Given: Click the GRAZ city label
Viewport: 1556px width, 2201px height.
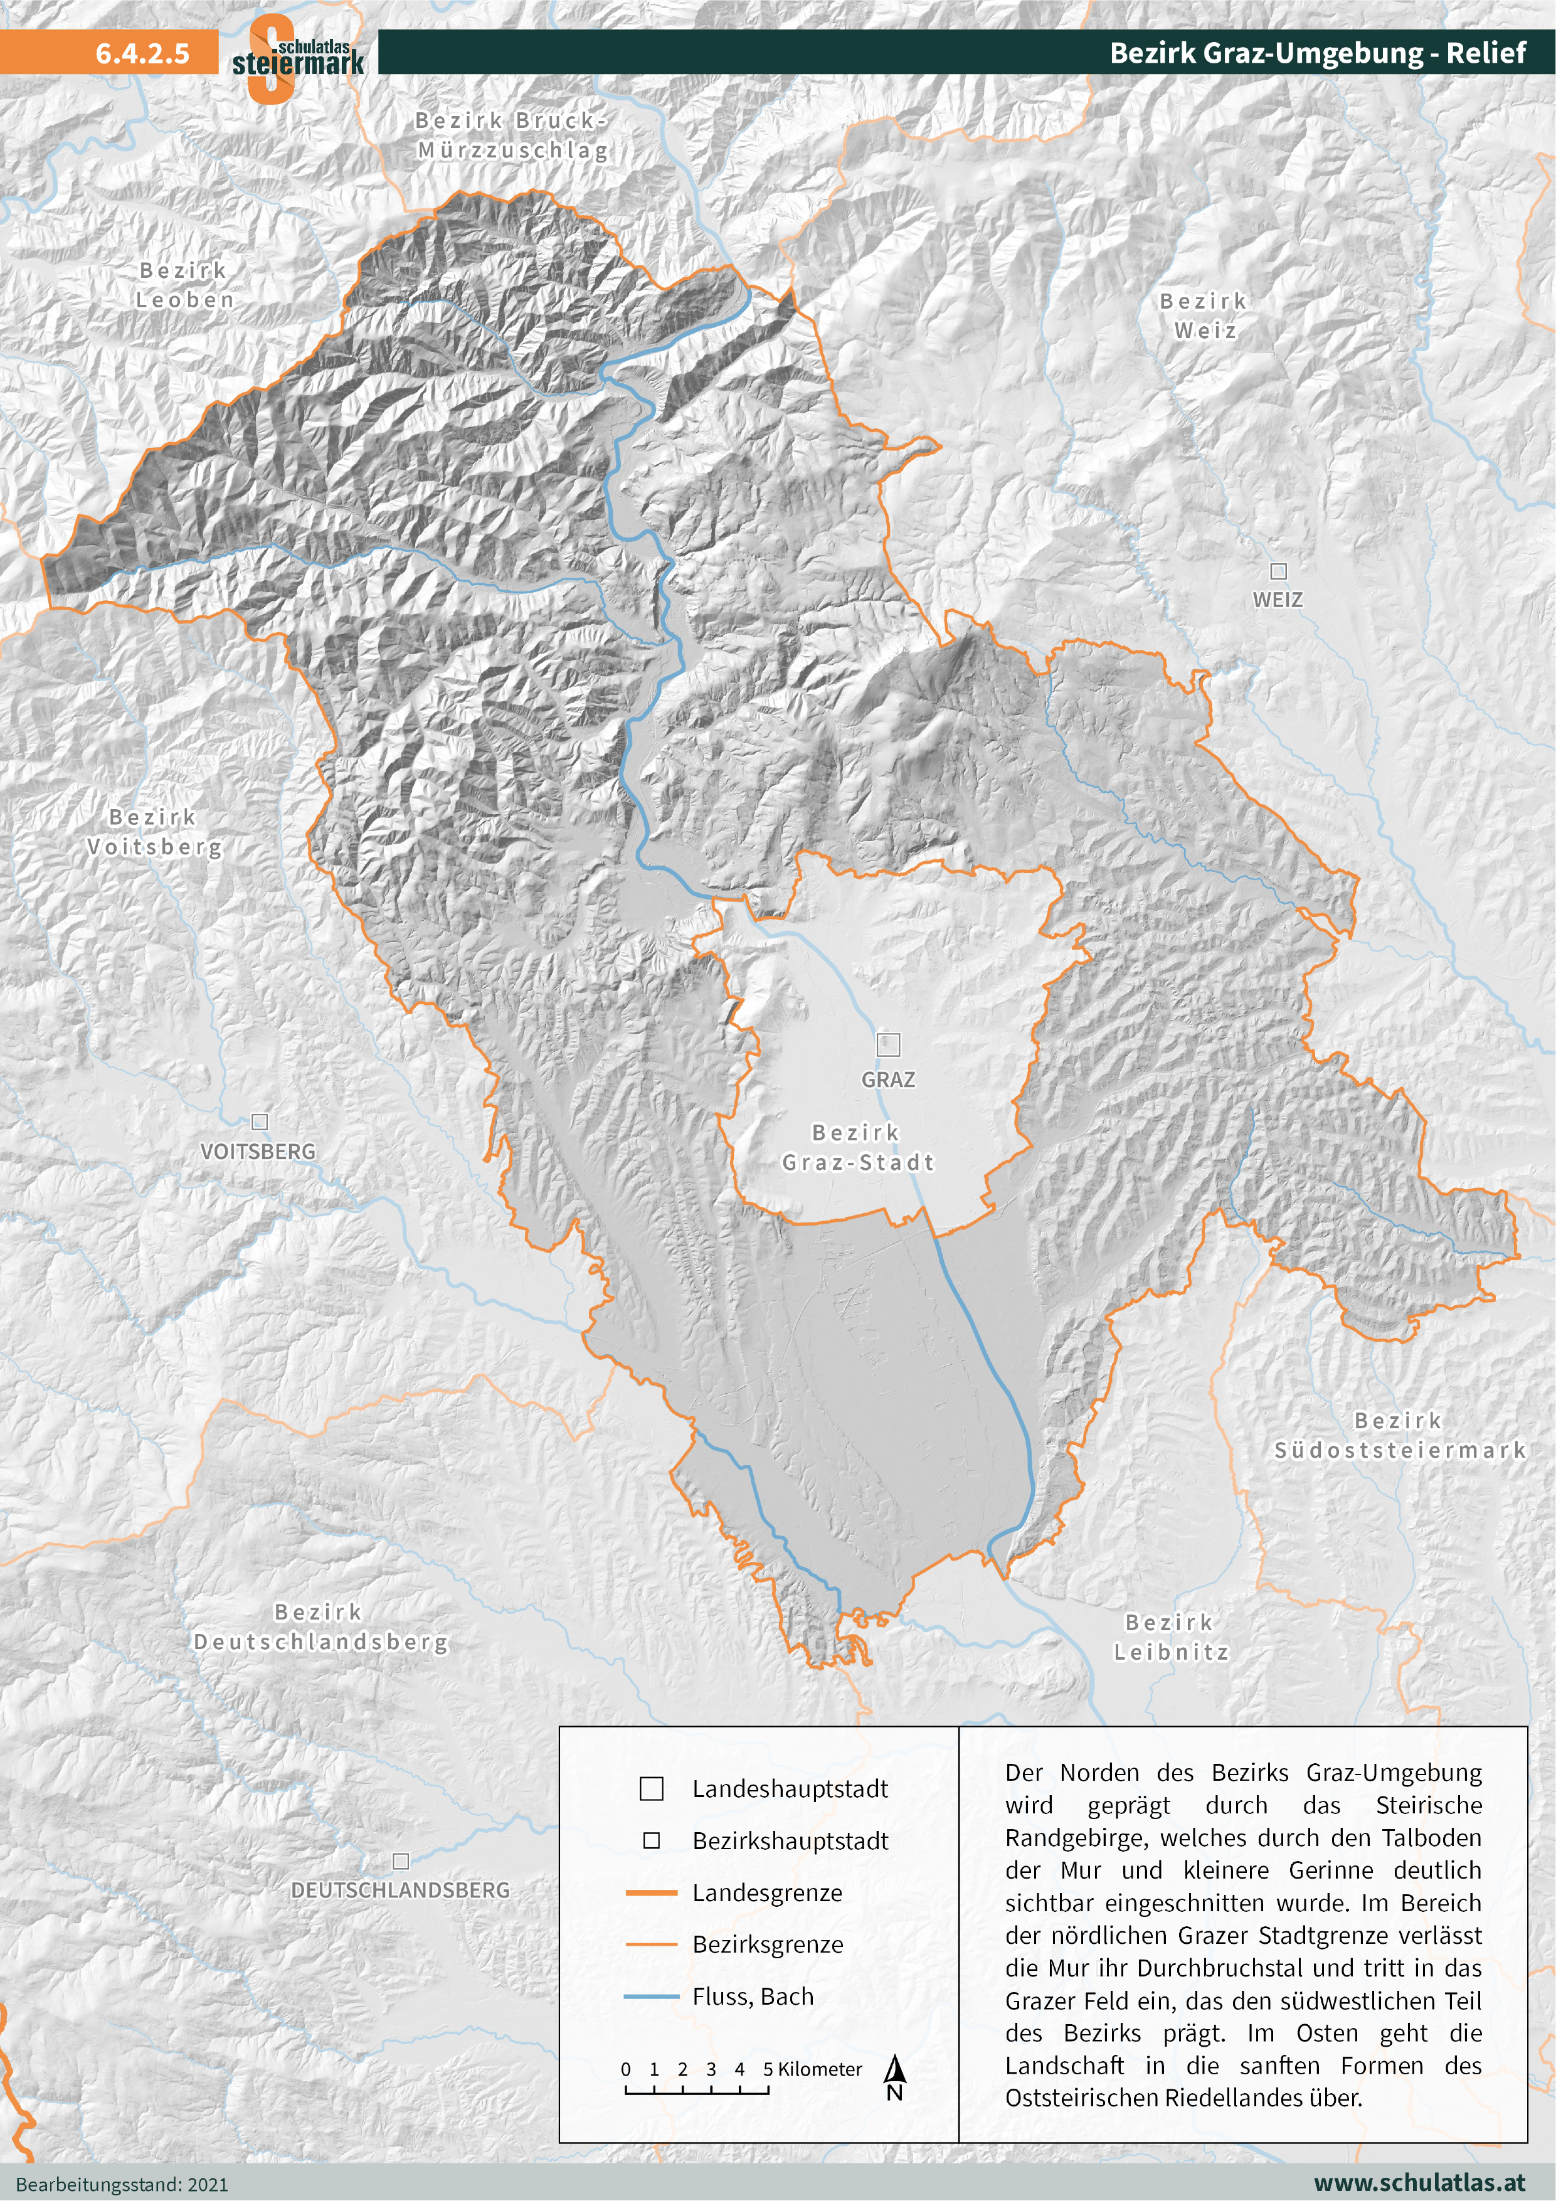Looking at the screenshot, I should (x=888, y=1079).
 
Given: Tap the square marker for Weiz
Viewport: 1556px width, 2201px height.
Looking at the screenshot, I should (x=1278, y=571).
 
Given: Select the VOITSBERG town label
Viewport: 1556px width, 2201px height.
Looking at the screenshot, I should (x=258, y=1152).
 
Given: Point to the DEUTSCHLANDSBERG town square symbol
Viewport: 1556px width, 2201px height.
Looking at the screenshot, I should (x=401, y=1860).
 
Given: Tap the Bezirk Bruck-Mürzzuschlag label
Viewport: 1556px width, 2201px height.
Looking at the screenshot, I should (x=512, y=135).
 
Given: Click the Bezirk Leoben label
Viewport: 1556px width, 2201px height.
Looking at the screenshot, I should (x=184, y=285).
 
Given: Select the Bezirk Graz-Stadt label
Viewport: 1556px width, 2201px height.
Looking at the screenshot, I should (x=857, y=1147).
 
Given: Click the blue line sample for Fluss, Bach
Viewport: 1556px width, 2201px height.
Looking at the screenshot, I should (x=651, y=1996).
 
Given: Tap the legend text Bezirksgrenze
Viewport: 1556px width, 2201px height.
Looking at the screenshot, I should (x=768, y=1944).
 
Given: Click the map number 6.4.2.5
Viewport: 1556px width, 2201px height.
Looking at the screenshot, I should (x=142, y=53).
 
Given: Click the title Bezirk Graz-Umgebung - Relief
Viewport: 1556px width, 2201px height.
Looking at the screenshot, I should (x=1316, y=53).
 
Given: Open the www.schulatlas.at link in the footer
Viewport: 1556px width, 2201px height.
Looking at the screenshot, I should (x=1419, y=2183).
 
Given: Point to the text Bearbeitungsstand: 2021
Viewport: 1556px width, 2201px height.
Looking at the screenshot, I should (x=123, y=2185).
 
